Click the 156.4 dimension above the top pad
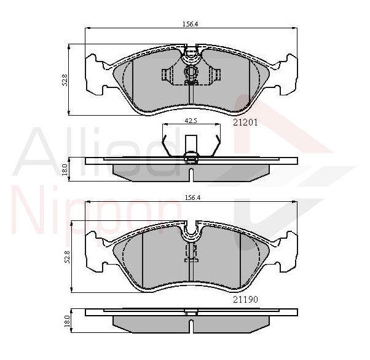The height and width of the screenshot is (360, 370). coord(190,24)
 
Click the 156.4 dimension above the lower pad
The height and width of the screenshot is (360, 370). coord(192,198)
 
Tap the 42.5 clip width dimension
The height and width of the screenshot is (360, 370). coord(191,121)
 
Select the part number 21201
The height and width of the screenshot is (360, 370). coord(245,122)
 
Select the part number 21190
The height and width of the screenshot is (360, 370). coord(245,300)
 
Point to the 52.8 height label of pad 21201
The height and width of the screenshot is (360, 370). coord(65,80)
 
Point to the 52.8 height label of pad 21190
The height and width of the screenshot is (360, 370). coord(67,257)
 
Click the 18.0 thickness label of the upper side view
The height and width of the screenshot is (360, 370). coord(65,170)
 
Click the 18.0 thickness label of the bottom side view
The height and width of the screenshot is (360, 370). coord(67,321)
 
